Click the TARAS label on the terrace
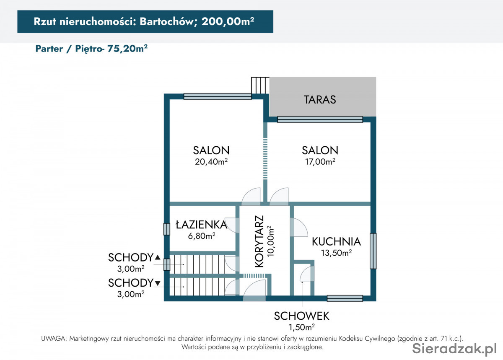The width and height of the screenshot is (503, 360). tap(320, 100)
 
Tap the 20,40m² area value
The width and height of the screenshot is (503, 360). tap(211, 161)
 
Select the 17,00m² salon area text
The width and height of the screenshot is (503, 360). tap(320, 161)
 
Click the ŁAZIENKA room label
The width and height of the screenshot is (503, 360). tap(202, 224)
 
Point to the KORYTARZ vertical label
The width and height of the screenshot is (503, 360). tap(259, 241)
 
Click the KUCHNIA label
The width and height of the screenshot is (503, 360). tap(336, 242)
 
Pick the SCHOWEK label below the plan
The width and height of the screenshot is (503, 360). tap(301, 316)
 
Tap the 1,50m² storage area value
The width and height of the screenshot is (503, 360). tap(301, 327)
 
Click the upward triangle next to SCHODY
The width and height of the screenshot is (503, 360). tap(158, 257)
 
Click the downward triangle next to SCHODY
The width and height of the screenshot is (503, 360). tap(158, 283)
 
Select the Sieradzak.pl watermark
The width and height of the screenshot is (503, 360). tap(454, 349)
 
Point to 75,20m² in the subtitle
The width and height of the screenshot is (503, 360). tap(127, 49)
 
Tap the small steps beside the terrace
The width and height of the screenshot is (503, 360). tap(260, 85)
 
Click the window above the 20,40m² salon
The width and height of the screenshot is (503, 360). tap(218, 96)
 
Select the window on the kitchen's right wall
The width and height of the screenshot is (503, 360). tap(373, 251)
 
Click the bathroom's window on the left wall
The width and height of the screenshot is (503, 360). tap(166, 229)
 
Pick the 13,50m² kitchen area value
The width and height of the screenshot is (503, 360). tap(336, 253)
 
